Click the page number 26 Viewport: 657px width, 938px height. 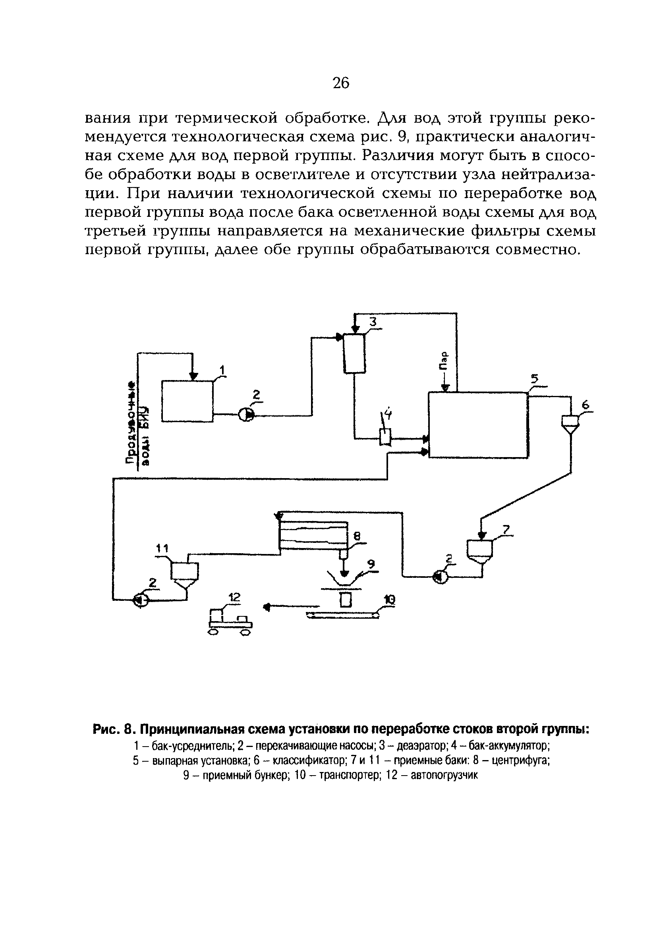tap(341, 83)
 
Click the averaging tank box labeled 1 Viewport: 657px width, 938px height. tap(187, 401)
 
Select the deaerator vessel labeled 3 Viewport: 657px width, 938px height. tap(354, 353)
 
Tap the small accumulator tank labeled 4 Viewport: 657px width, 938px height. tap(385, 437)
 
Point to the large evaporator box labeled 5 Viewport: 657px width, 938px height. tap(477, 425)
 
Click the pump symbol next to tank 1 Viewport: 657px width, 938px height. tap(246, 415)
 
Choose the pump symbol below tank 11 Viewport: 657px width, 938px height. tap(141, 600)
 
